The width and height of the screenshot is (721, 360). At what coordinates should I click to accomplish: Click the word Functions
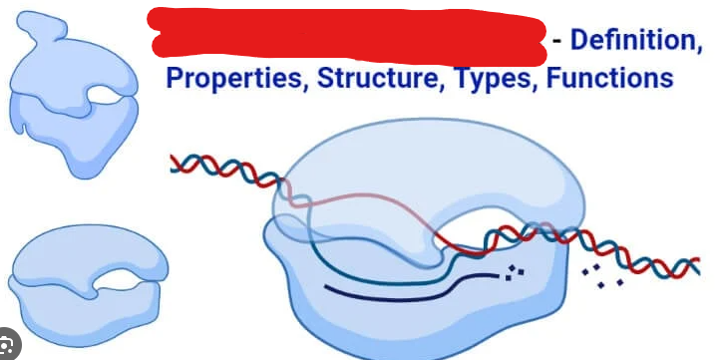(608, 78)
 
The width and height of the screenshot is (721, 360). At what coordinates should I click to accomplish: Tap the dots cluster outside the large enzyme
(605, 278)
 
